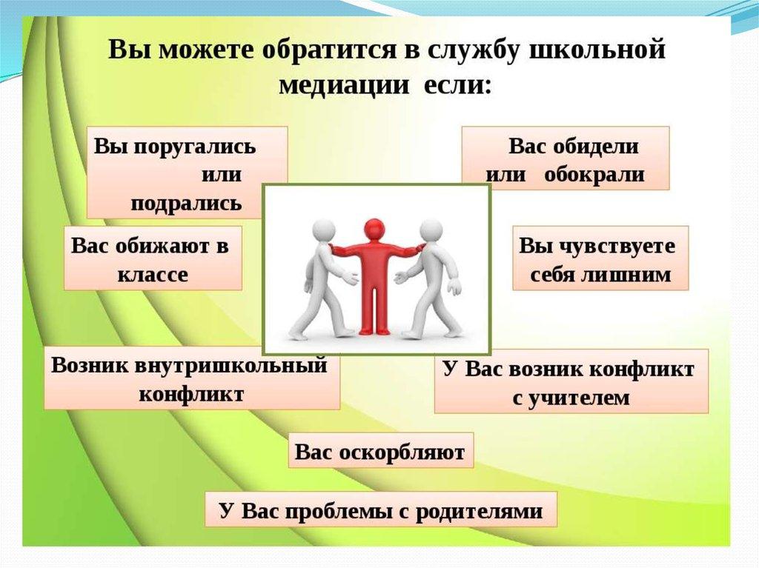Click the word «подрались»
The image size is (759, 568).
pos(186,203)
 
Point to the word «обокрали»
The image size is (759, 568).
pos(594,176)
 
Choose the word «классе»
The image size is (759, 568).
pos(153,274)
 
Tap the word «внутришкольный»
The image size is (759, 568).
pos(231,366)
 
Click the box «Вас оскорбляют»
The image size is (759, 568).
pos(381,450)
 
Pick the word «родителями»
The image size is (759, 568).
pos(480,512)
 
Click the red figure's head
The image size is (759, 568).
pos(374,228)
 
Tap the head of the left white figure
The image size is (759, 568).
pos(325,230)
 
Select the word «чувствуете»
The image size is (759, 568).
pos(617,246)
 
